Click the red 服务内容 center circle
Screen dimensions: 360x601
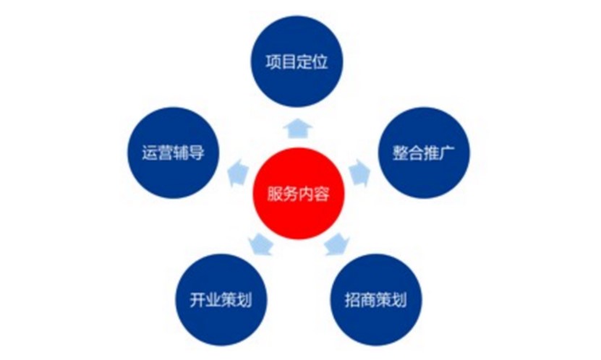(x=297, y=193)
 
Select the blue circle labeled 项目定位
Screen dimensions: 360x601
(x=297, y=61)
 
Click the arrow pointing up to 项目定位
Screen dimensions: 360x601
(x=297, y=127)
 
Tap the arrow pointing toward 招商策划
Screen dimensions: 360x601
(x=333, y=244)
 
